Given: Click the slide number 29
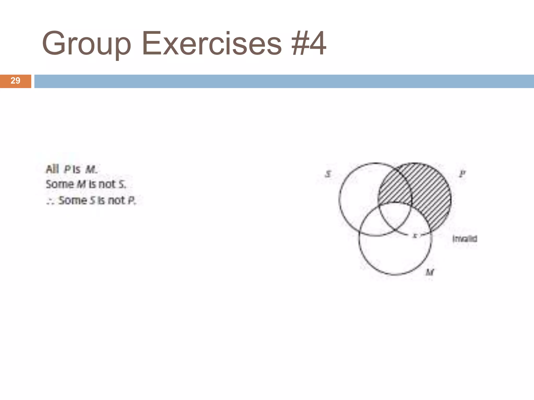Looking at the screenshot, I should click(x=15, y=81).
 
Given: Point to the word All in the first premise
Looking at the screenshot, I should click(x=52, y=169).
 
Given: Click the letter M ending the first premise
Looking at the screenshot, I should click(x=91, y=170).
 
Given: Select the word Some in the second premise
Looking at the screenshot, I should click(x=60, y=184).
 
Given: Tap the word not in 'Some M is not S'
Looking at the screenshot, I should click(x=107, y=184).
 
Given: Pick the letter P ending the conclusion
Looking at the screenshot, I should click(x=132, y=201).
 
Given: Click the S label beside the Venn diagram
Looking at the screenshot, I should click(x=328, y=174).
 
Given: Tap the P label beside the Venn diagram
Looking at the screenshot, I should click(x=462, y=174).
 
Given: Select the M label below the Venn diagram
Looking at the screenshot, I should click(x=429, y=272).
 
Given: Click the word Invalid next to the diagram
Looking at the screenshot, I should click(x=465, y=239).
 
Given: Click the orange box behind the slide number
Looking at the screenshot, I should click(x=15, y=81).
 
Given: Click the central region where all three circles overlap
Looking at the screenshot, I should click(x=395, y=214).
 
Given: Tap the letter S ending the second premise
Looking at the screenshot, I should click(x=122, y=185).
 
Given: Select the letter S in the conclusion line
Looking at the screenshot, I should click(x=92, y=201).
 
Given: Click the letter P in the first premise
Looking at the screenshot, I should click(x=67, y=170).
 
